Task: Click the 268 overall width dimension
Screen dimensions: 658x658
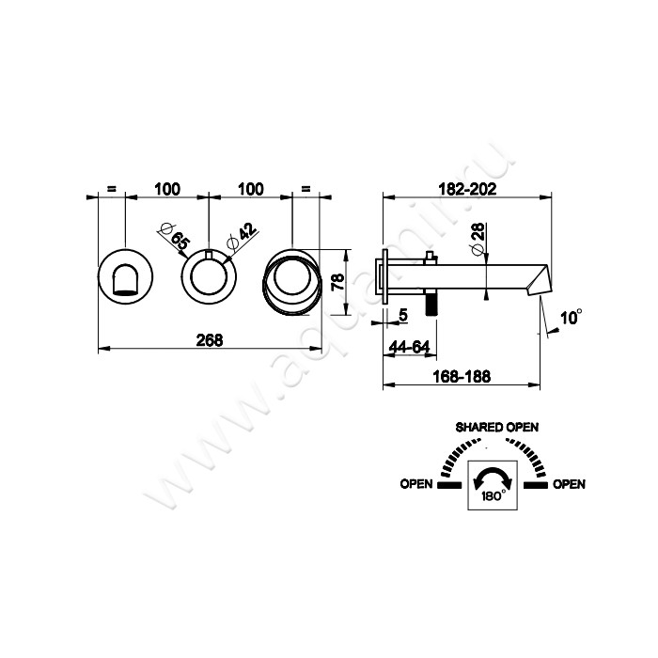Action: [x=210, y=340]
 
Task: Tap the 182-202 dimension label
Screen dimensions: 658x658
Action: [x=467, y=189]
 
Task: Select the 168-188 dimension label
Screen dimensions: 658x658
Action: [x=462, y=376]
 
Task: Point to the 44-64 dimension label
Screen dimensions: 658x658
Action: [x=409, y=347]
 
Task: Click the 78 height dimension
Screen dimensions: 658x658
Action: [x=337, y=282]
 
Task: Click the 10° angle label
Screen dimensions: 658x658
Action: [x=572, y=318]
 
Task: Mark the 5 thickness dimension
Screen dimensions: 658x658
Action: [x=403, y=315]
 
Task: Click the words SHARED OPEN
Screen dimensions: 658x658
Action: [x=497, y=427]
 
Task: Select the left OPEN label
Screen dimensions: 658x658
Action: [x=415, y=484]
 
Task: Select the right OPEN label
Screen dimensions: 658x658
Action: [x=569, y=484]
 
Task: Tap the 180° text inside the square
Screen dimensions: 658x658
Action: [x=493, y=496]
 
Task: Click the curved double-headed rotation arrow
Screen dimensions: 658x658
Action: [x=493, y=476]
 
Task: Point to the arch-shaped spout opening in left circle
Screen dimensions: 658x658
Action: [x=125, y=278]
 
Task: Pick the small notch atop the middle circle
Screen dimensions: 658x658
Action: [x=209, y=255]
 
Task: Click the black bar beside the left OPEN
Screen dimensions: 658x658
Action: [x=449, y=486]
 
